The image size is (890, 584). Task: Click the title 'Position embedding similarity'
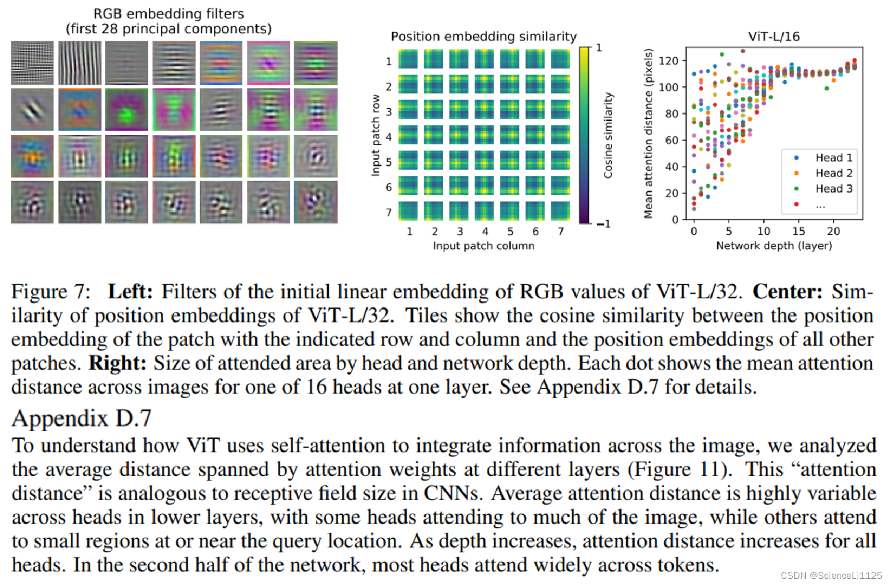pos(483,36)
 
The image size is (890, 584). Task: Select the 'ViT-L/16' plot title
pos(773,36)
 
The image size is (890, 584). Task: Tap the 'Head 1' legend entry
pos(833,158)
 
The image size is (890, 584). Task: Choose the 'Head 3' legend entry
pos(833,189)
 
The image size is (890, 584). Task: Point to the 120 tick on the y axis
pos(668,61)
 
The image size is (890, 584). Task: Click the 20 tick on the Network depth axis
pos(833,231)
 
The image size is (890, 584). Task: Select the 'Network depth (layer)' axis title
pos(773,246)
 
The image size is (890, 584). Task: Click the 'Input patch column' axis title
pos(483,246)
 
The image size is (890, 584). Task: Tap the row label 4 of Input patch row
pos(389,137)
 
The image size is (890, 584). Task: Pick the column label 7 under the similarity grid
pos(561,231)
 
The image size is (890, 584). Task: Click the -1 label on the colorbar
pos(603,224)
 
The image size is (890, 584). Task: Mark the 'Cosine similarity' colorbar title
pos(608,135)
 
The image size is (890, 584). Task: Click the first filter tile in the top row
pos(32,63)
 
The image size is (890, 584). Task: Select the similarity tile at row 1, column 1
pos(408,59)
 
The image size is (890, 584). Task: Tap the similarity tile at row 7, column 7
pos(560,211)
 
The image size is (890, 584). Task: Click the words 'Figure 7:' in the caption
pos(50,291)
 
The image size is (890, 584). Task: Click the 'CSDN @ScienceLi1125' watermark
pos(831,575)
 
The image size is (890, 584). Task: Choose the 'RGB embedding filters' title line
pos(169,14)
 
